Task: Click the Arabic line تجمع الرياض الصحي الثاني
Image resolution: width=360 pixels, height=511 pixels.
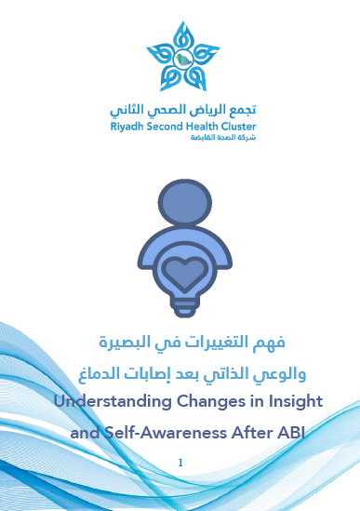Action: pos(181,109)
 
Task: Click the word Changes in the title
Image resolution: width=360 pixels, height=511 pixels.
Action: pos(197,402)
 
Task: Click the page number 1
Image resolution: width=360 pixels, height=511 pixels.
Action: pos(180,463)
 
